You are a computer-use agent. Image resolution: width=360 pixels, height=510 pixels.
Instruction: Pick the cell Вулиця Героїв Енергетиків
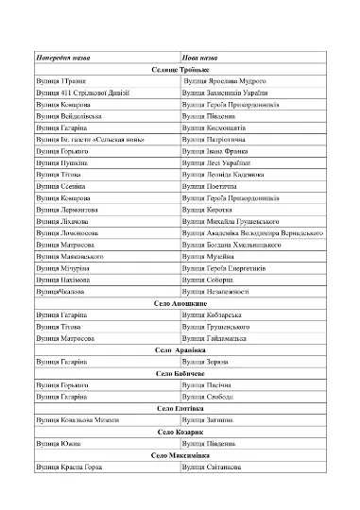[x=229, y=268]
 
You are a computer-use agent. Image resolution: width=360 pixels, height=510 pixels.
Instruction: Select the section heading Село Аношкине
[x=180, y=303]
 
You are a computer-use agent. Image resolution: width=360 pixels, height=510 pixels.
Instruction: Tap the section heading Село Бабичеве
[x=180, y=373]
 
